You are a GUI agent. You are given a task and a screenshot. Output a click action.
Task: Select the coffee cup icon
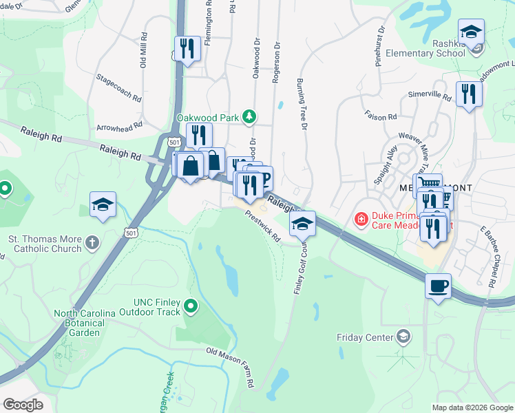coord(439,286)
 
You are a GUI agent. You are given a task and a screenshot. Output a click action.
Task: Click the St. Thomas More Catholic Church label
coord(45,244)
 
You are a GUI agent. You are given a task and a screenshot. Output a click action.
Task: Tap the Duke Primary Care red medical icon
coord(360,220)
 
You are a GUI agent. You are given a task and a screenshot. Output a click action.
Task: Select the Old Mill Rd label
coord(144,50)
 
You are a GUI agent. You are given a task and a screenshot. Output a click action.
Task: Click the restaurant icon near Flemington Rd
coord(187,48)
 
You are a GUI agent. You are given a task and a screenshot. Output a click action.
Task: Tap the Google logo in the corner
coord(23,404)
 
